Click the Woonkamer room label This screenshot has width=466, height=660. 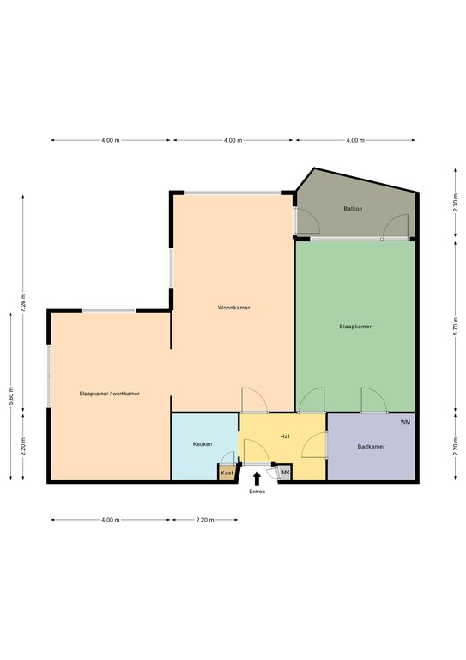coord(233,308)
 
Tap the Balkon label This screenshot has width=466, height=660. coord(353,208)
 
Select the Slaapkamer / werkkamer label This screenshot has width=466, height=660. coord(109,394)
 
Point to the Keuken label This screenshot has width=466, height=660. coord(203,444)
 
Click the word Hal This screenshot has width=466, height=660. coord(285,437)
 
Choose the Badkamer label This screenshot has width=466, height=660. coord(371,447)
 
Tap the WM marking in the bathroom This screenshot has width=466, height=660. coord(405,422)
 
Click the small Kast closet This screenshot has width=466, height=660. coord(227,473)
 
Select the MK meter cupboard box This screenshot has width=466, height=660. coord(286,473)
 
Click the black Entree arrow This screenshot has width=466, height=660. coord(257,479)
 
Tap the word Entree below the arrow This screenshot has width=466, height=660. coord(257,492)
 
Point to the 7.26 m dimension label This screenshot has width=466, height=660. coord(23,302)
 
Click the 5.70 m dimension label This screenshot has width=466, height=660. coord(456,325)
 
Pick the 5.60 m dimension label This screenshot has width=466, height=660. coord(11,395)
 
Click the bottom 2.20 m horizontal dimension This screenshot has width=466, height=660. coord(204,520)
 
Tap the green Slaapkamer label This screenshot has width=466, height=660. coord(355,327)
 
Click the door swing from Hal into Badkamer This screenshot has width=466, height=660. coord(314,444)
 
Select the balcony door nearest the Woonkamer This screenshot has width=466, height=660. coord(307,222)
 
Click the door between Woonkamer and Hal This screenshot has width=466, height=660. coord(255,400)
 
